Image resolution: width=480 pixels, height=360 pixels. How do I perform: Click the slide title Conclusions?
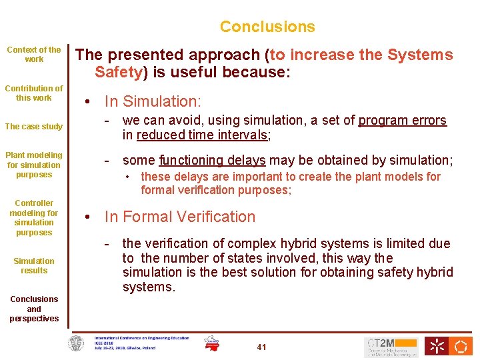pyautogui.click(x=267, y=27)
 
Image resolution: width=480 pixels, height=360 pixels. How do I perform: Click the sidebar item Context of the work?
pyautogui.click(x=34, y=54)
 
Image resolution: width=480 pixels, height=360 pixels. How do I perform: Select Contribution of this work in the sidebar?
pyautogui.click(x=34, y=93)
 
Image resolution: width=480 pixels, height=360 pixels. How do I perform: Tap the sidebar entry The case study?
pyautogui.click(x=34, y=127)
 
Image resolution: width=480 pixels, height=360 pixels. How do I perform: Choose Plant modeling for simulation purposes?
pyautogui.click(x=34, y=165)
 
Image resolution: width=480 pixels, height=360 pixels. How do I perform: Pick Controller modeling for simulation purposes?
pyautogui.click(x=34, y=217)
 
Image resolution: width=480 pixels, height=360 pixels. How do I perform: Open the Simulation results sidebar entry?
pyautogui.click(x=34, y=265)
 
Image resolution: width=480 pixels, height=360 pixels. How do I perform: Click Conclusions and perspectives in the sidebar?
pyautogui.click(x=34, y=309)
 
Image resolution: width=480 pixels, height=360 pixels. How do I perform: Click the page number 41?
pyautogui.click(x=261, y=347)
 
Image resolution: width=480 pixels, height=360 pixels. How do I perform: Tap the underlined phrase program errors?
pyautogui.click(x=403, y=121)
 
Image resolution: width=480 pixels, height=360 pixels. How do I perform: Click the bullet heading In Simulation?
pyautogui.click(x=153, y=101)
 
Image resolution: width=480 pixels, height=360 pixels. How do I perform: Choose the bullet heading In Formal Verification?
pyautogui.click(x=180, y=217)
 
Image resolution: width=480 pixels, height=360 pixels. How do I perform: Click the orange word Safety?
pyautogui.click(x=119, y=72)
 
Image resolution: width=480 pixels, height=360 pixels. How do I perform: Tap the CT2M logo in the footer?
pyautogui.click(x=391, y=347)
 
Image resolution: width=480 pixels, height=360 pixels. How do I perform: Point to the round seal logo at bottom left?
pyautogui.click(x=77, y=344)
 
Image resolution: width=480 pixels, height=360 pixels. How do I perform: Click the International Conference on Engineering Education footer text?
pyautogui.click(x=141, y=338)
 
